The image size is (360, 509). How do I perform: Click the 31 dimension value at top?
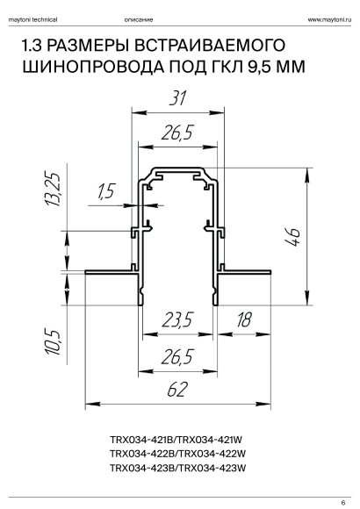(178, 98)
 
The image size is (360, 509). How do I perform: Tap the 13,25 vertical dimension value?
(53, 189)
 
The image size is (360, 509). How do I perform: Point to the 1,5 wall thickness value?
(106, 191)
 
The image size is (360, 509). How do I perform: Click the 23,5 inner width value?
(177, 319)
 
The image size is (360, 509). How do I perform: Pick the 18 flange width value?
(244, 319)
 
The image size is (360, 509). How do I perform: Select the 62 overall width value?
(177, 390)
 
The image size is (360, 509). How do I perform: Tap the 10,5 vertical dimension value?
(53, 343)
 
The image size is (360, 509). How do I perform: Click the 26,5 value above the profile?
(177, 133)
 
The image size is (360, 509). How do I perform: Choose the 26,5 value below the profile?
(177, 356)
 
